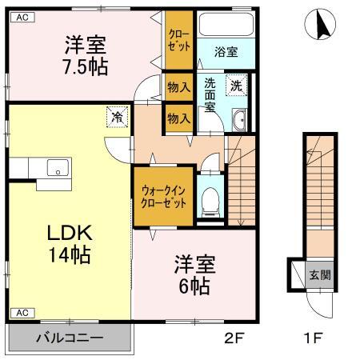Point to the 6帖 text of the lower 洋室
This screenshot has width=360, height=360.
click(193, 275)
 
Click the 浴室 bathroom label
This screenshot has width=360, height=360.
click(226, 54)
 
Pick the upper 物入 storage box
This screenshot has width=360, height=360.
click(178, 86)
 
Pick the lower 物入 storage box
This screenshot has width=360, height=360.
click(178, 117)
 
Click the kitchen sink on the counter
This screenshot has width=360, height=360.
click(58, 168)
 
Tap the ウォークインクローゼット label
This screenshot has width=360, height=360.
click(164, 197)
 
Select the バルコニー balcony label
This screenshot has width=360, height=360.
click(69, 338)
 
